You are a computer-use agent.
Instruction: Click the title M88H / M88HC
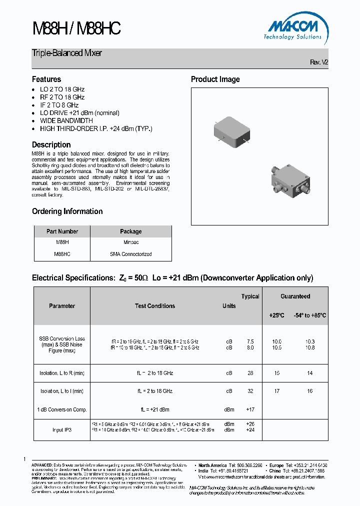pyautogui.click(x=76, y=28)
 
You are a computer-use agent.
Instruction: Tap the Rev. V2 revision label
pyautogui.click(x=319, y=62)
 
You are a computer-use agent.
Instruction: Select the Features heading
pyautogui.click(x=46, y=79)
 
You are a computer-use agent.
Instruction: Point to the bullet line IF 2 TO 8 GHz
pyautogui.click(x=59, y=105)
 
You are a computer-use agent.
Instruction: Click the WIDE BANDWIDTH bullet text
pyautogui.click(x=66, y=120)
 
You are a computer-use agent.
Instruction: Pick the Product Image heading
pyautogui.click(x=215, y=79)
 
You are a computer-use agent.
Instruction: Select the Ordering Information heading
pyautogui.click(x=67, y=211)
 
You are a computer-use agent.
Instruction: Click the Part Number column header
pyautogui.click(x=62, y=231)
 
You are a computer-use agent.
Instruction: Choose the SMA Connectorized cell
pyautogui.click(x=130, y=254)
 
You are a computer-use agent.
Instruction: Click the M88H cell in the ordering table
pyautogui.click(x=62, y=242)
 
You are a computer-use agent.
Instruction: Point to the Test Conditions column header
pyautogui.click(x=155, y=306)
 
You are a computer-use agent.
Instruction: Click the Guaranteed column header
pyautogui.click(x=295, y=296)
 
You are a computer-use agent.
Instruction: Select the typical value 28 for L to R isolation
pyautogui.click(x=250, y=373)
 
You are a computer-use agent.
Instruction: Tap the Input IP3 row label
pyautogui.click(x=62, y=429)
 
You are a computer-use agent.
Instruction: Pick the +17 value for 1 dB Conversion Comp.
pyautogui.click(x=250, y=409)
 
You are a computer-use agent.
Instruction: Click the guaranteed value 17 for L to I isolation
pyautogui.click(x=277, y=391)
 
